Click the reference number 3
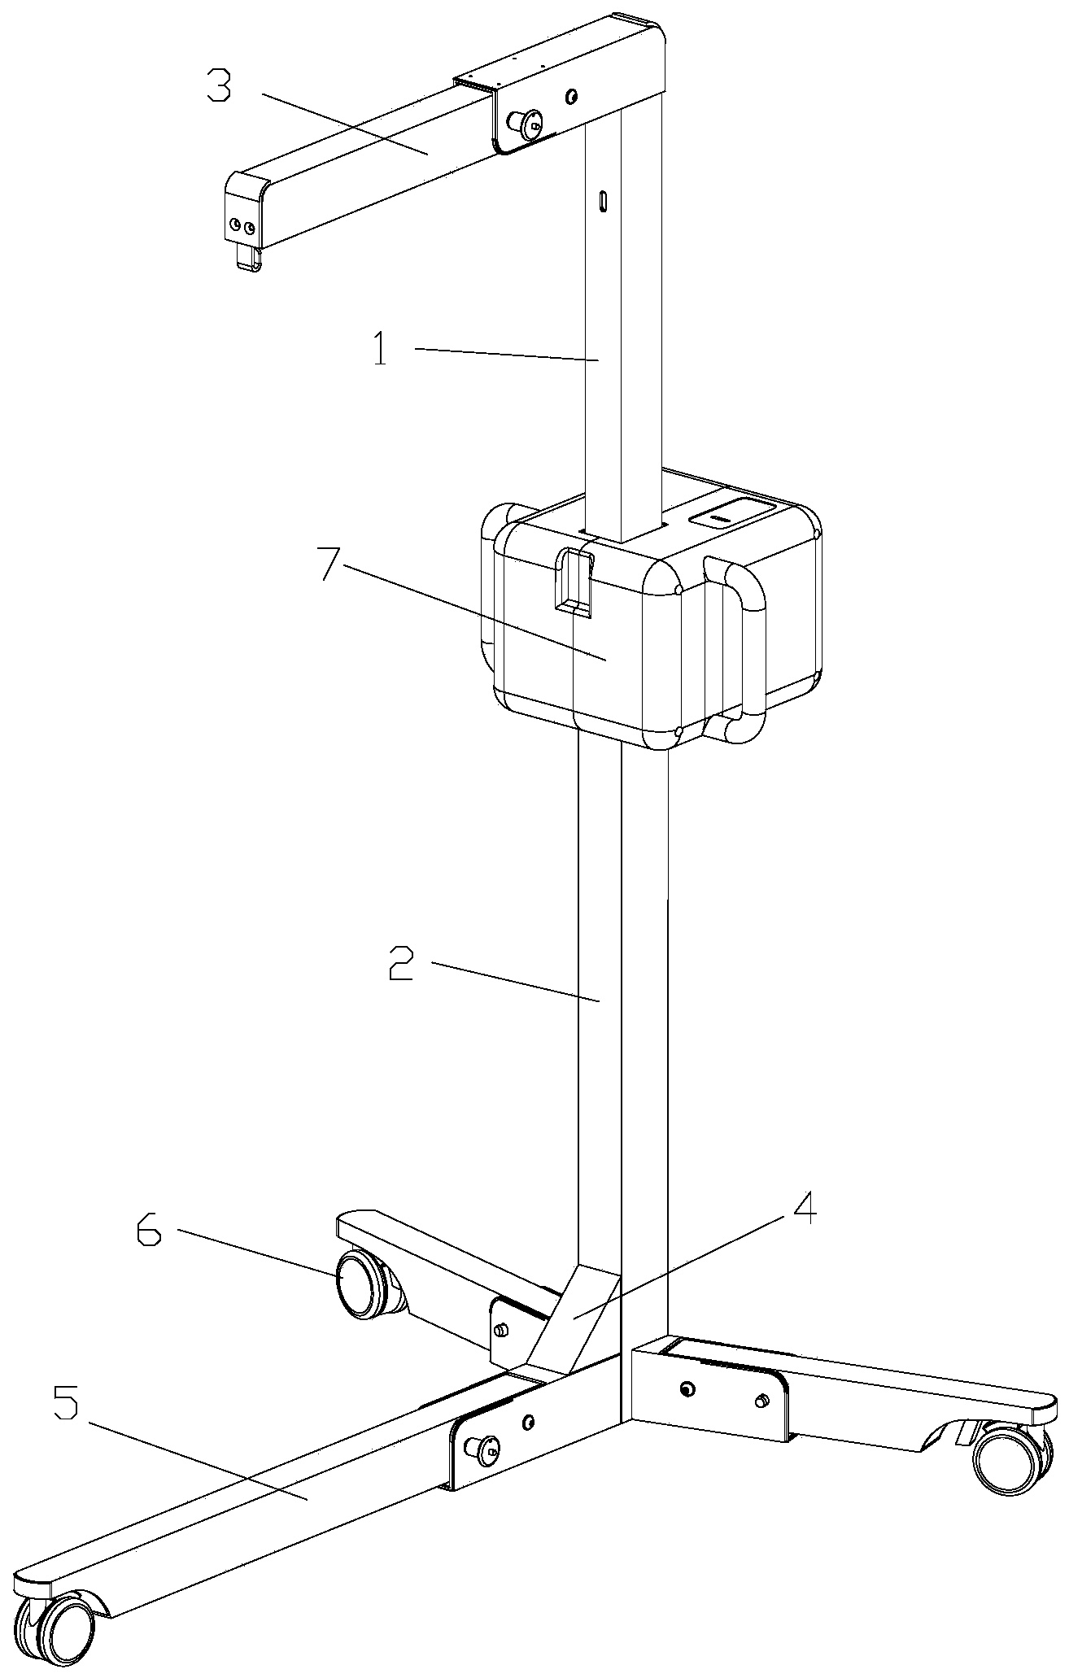pos(218,85)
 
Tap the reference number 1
pos(380,352)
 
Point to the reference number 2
pos(400,965)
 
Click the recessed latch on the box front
pos(573,578)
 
